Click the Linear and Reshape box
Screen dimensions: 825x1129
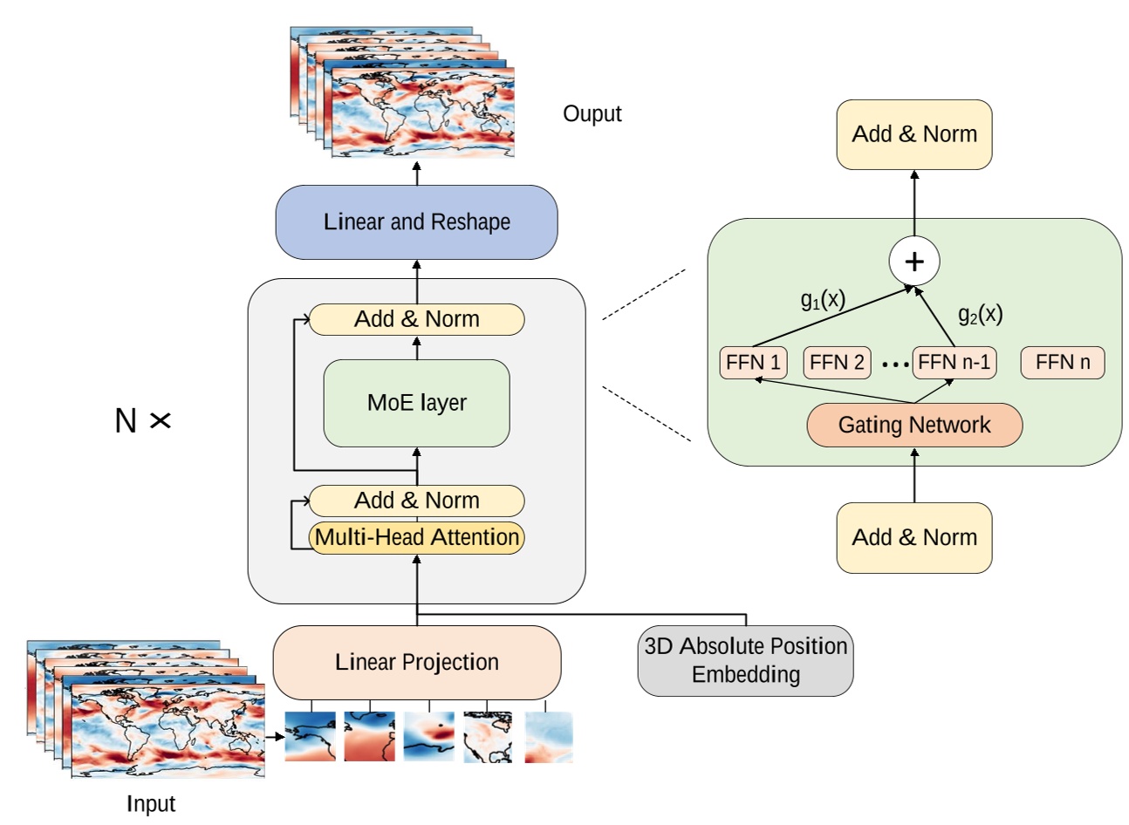(x=416, y=222)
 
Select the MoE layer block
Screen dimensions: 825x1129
(x=416, y=403)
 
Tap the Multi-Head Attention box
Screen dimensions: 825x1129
(x=416, y=537)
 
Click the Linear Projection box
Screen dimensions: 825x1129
(x=416, y=662)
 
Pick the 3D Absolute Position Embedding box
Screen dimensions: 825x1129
(x=745, y=660)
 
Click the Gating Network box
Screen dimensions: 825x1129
(x=913, y=425)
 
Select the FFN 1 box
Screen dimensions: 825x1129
(x=753, y=363)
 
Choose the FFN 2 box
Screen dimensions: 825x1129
(x=837, y=363)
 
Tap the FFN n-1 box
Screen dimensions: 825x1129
(x=954, y=363)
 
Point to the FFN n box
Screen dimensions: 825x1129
(x=1062, y=363)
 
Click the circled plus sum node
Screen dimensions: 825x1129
(x=913, y=261)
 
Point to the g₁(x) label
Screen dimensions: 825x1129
(x=823, y=300)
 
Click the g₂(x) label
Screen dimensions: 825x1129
(x=980, y=315)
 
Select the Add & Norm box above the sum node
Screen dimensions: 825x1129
(x=913, y=134)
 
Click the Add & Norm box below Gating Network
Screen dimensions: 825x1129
(x=913, y=537)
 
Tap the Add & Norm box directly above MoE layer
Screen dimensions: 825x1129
(x=416, y=319)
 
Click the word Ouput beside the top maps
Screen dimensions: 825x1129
(x=592, y=114)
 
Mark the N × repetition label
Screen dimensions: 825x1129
(x=142, y=421)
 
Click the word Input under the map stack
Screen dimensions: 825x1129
(x=151, y=803)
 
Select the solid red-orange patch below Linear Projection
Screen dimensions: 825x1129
(x=369, y=737)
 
